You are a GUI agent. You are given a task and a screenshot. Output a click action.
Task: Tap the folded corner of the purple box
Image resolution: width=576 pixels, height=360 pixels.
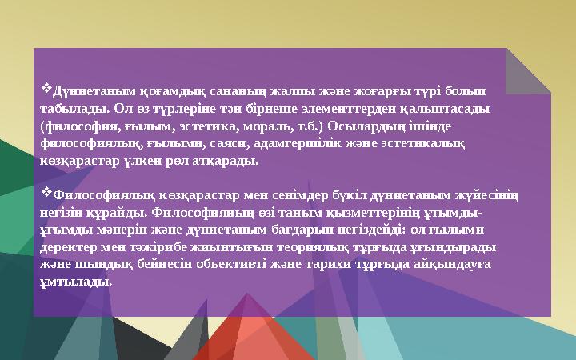pyautogui.click(x=528, y=69)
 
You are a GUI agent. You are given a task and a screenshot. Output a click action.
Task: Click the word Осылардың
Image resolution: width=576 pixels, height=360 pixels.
pyautogui.click(x=355, y=126)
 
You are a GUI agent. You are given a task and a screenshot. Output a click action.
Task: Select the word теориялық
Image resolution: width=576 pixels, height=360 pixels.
pyautogui.click(x=297, y=247)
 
